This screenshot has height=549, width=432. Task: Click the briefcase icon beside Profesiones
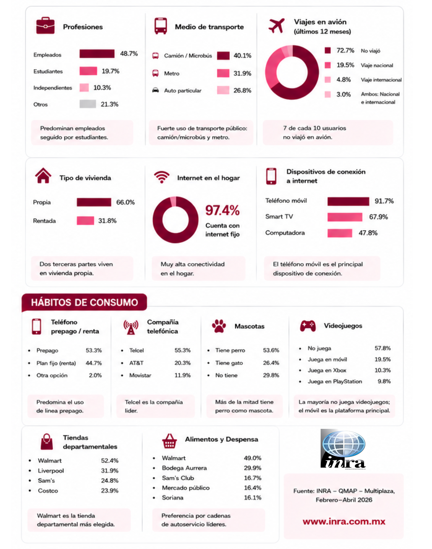coord(45,26)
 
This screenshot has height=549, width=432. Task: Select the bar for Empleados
coord(97,54)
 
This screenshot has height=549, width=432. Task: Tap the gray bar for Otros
coord(88,104)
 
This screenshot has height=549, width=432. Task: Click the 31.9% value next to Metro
coord(242,73)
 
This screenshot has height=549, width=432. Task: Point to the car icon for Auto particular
coord(156,90)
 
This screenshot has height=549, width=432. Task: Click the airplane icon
coord(276,26)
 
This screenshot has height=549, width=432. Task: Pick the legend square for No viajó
coord(328,50)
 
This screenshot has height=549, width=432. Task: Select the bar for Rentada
coord(85,221)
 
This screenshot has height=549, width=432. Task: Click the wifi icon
coord(162,177)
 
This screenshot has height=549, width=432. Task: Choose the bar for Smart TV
coord(345,217)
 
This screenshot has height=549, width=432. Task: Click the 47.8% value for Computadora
coord(368,233)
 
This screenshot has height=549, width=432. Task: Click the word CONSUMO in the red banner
coord(114,302)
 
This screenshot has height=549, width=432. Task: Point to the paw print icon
coord(219,326)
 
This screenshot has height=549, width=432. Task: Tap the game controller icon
coord(308,326)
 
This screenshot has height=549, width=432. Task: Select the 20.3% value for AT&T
coord(182,363)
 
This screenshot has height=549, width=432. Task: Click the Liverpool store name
coord(51,471)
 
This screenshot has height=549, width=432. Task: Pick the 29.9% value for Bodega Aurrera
coord(253,468)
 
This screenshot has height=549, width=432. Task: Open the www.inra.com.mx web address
coord(344,521)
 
